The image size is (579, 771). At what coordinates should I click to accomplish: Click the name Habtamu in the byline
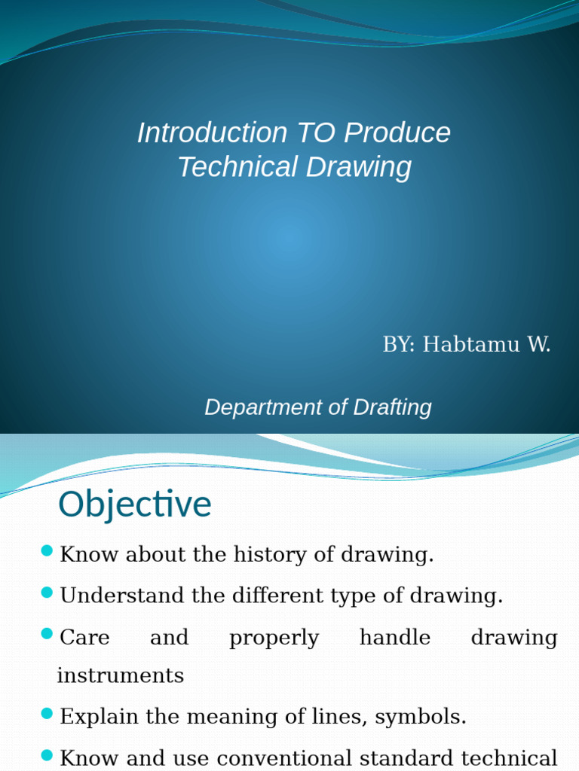(471, 345)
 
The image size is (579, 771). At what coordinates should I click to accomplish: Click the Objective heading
(135, 504)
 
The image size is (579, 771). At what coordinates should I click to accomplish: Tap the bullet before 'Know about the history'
(47, 552)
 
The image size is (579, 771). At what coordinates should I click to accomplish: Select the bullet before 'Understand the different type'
(47, 593)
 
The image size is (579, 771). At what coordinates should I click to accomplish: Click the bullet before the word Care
(47, 635)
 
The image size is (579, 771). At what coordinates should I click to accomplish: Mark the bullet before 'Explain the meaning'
(47, 714)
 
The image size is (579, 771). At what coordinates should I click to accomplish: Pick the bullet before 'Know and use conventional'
(47, 755)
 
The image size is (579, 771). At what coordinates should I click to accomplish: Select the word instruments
(121, 675)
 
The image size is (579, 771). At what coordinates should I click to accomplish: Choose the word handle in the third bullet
(395, 638)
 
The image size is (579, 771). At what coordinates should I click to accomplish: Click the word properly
(274, 638)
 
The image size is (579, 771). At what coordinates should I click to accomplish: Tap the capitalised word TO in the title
(316, 133)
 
